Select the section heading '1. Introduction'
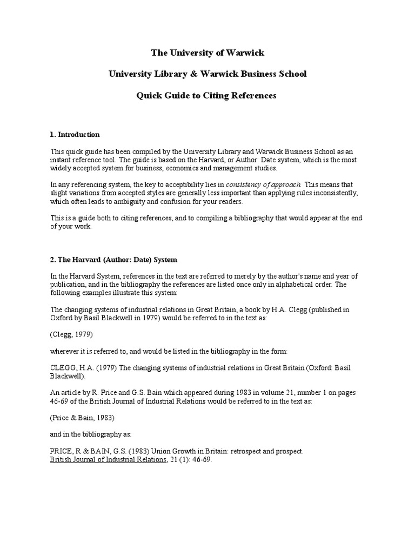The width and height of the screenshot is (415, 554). point(75,135)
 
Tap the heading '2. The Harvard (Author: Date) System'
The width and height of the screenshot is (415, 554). point(113,260)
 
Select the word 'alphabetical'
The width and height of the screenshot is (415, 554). point(294,285)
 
